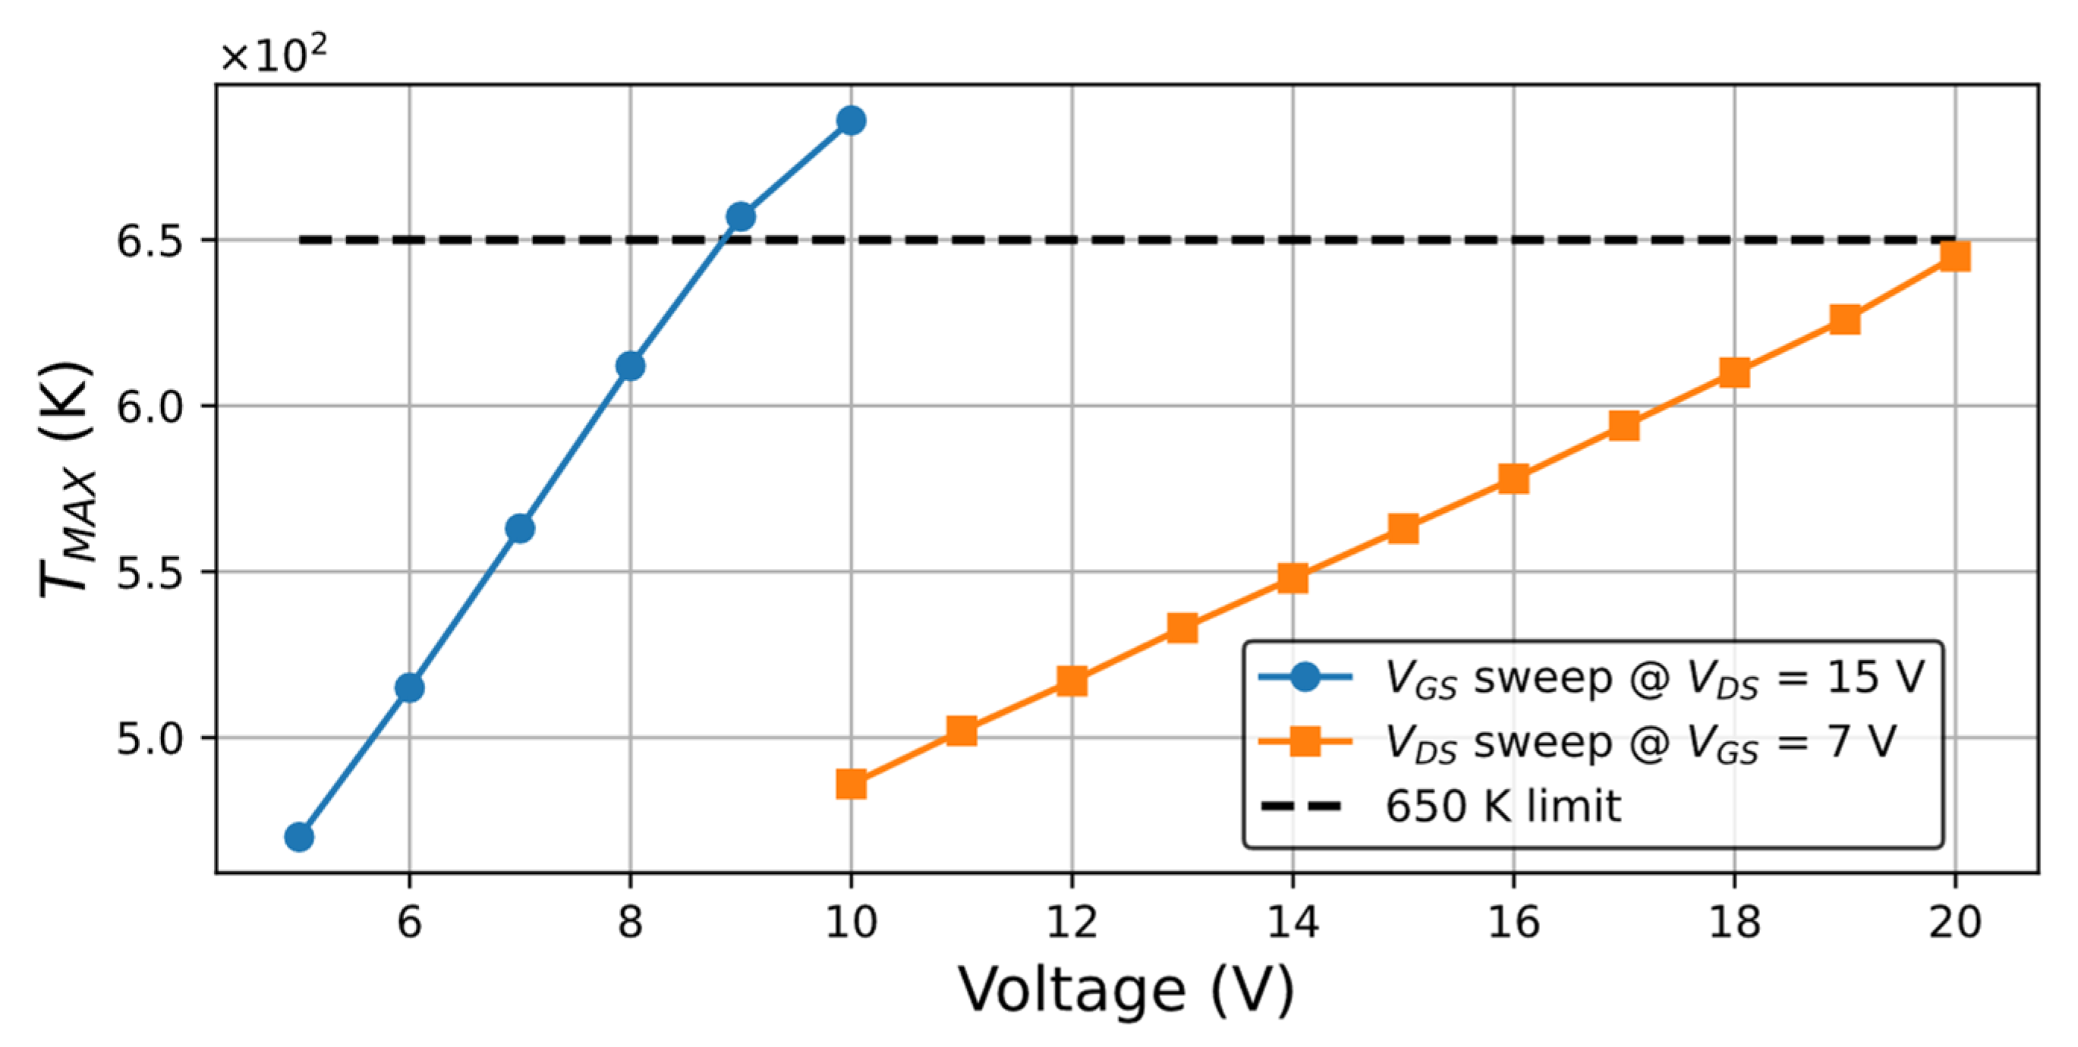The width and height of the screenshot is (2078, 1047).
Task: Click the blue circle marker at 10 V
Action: tap(851, 121)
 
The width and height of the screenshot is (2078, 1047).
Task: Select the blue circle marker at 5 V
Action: tap(299, 838)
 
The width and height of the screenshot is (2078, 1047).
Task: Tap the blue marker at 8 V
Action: tap(630, 366)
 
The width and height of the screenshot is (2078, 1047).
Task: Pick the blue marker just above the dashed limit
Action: tap(741, 216)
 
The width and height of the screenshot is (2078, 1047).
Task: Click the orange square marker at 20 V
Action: tap(1954, 256)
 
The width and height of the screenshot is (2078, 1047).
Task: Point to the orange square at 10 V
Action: tap(851, 783)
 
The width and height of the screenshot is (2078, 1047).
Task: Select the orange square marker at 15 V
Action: tap(1403, 529)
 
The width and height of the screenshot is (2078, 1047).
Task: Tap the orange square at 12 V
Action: tap(1072, 681)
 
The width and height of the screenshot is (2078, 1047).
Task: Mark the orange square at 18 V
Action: tap(1734, 373)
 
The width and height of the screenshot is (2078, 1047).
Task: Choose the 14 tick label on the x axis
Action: tap(1292, 920)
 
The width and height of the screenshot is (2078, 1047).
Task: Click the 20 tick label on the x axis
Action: tap(1954, 920)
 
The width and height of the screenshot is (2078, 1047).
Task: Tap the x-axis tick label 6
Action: tap(410, 920)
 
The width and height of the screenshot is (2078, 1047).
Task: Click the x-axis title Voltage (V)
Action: tap(1126, 990)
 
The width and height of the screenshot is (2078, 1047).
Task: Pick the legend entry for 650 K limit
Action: tap(1502, 806)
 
